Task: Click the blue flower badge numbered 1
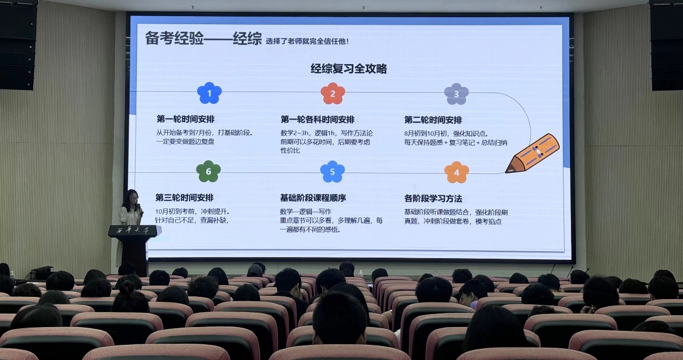tap(209, 93)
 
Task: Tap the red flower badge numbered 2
tap(333, 93)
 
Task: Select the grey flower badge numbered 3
tap(456, 94)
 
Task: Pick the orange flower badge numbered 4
tap(456, 172)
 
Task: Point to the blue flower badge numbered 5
tap(332, 172)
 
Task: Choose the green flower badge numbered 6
tap(208, 171)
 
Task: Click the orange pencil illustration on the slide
tap(532, 154)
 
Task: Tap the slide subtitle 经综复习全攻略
tap(349, 68)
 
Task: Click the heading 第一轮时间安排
tap(185, 119)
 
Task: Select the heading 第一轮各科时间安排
tap(317, 120)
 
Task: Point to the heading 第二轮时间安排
tap(433, 120)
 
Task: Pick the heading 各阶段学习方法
tap(433, 199)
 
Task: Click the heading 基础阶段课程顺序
tap(313, 198)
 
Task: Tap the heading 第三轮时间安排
tap(184, 198)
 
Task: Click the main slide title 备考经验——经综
tap(204, 38)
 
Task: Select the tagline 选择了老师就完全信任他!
tap(307, 41)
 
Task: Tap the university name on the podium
tap(133, 230)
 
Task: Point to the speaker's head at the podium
tap(132, 198)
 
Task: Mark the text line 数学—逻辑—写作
tap(305, 212)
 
